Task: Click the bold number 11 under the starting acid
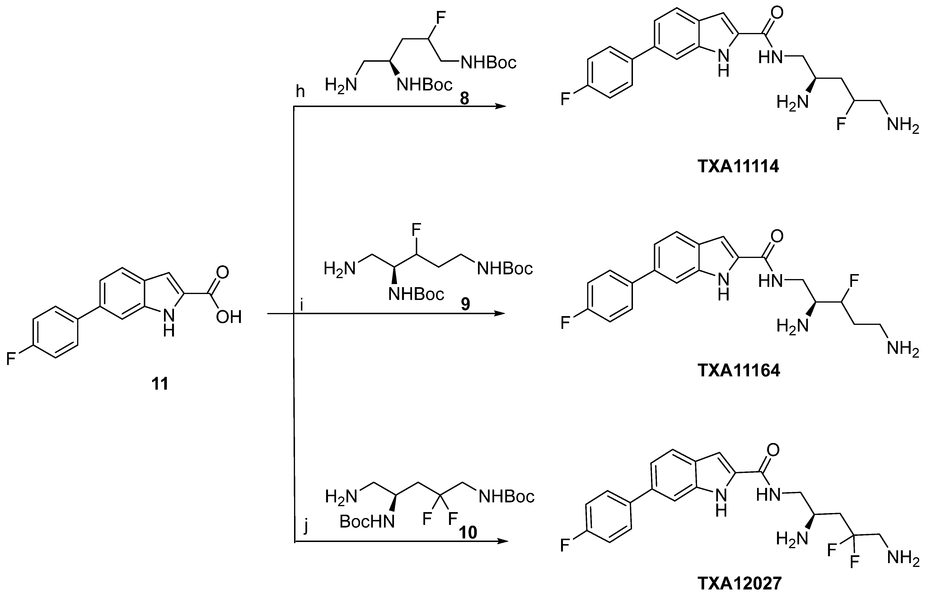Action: (160, 384)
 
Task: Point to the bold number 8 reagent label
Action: (464, 99)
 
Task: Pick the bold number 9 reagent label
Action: (465, 304)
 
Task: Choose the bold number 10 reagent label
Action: (468, 532)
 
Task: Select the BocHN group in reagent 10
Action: (367, 522)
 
